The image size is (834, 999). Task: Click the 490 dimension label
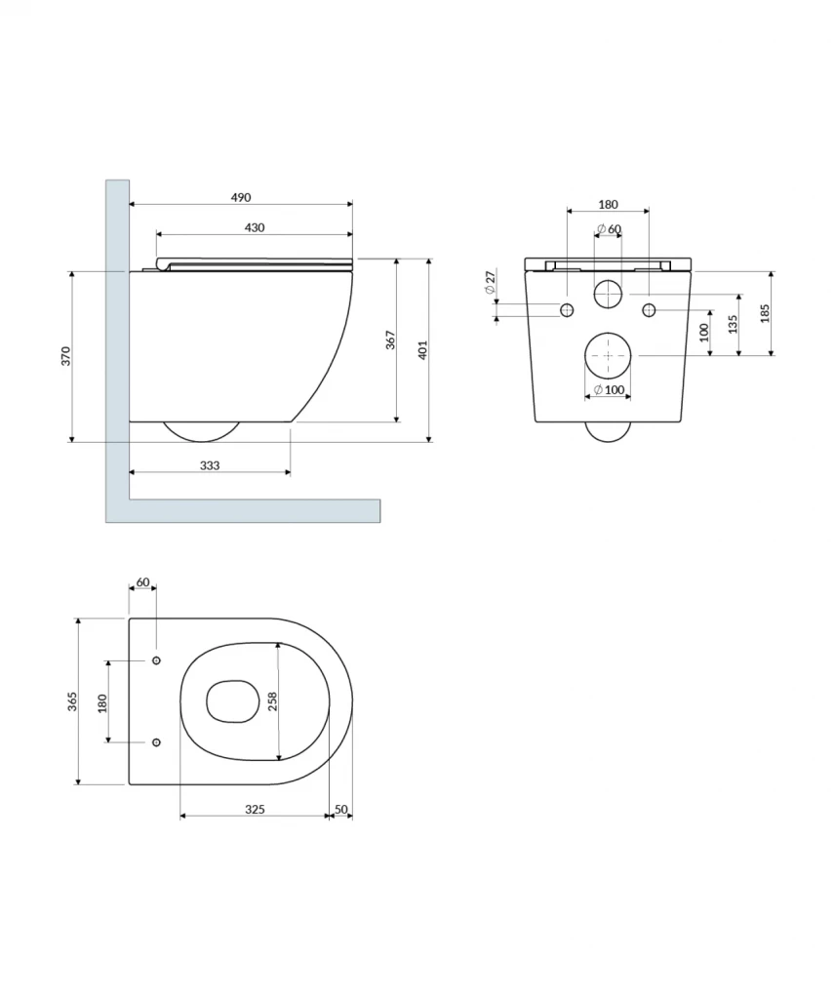pyautogui.click(x=240, y=197)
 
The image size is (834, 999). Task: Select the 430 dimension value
pyautogui.click(x=255, y=227)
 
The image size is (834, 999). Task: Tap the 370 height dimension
pyautogui.click(x=66, y=356)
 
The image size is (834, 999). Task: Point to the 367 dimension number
pyautogui.click(x=391, y=340)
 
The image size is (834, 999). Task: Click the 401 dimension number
pyautogui.click(x=423, y=350)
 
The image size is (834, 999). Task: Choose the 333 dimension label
pyautogui.click(x=210, y=465)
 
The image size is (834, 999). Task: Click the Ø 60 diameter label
pyautogui.click(x=609, y=228)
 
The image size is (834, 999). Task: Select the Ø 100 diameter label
pyautogui.click(x=609, y=390)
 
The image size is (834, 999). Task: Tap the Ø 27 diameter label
pyautogui.click(x=490, y=282)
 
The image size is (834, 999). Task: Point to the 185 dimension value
pyautogui.click(x=765, y=313)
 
